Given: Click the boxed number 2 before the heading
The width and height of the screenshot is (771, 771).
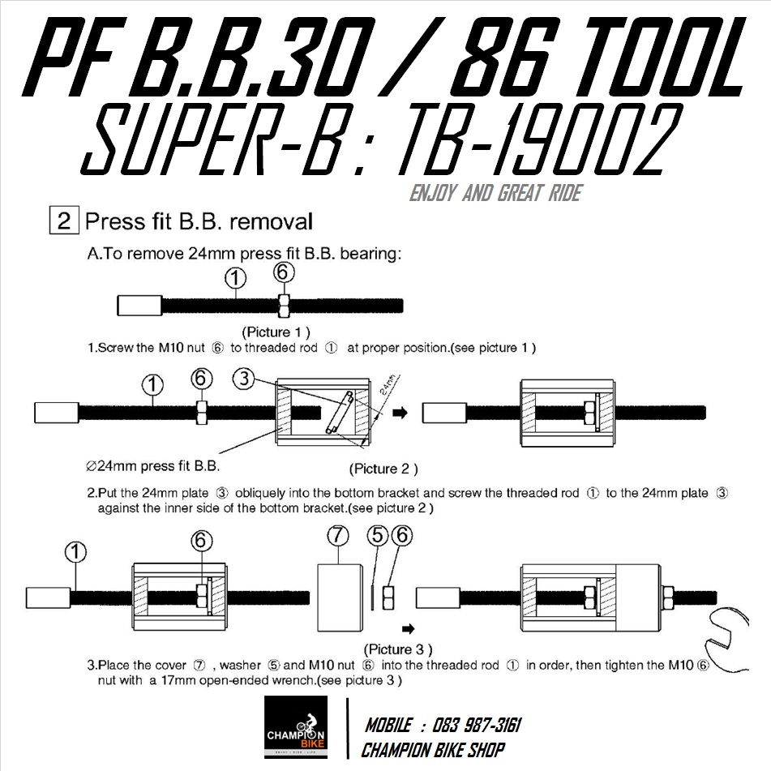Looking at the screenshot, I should click(64, 221).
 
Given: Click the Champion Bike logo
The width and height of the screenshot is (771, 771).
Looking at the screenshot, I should click(301, 727).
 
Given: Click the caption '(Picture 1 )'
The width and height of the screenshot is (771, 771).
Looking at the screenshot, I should click(276, 332).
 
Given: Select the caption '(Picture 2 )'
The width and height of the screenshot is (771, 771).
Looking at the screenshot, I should click(383, 469).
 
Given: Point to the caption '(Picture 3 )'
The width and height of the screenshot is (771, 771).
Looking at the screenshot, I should click(397, 649).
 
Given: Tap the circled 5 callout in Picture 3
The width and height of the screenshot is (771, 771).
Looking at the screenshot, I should click(376, 537).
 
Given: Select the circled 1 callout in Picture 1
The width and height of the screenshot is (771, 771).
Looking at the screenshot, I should click(235, 278).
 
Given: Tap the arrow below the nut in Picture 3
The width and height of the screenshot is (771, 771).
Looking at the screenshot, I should click(409, 628).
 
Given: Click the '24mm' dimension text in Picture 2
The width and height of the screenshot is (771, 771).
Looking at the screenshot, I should click(388, 384).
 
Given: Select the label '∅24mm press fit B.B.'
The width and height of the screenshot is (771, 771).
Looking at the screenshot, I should click(152, 466).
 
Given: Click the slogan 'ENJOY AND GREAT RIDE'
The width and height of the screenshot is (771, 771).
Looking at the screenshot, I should click(495, 195).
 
